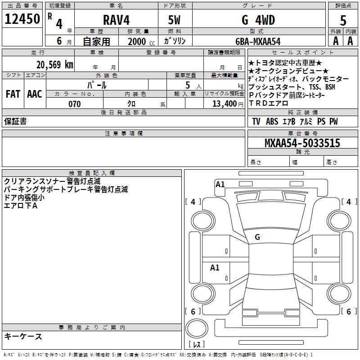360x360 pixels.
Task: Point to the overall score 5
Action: [x=343, y=20]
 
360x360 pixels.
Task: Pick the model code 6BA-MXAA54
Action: [x=258, y=41]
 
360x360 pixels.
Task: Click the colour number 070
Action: [x=74, y=104]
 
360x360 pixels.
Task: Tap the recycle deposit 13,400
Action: [x=223, y=104]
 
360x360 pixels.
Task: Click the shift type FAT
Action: [x=13, y=94]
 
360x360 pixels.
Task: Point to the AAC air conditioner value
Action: [x=34, y=94]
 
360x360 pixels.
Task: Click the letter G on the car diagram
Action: [x=257, y=237]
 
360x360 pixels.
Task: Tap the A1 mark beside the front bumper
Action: [x=220, y=184]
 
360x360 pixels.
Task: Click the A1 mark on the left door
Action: [x=215, y=268]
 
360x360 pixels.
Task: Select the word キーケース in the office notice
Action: [x=23, y=336]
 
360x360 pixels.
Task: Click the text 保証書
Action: [x=15, y=121]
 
